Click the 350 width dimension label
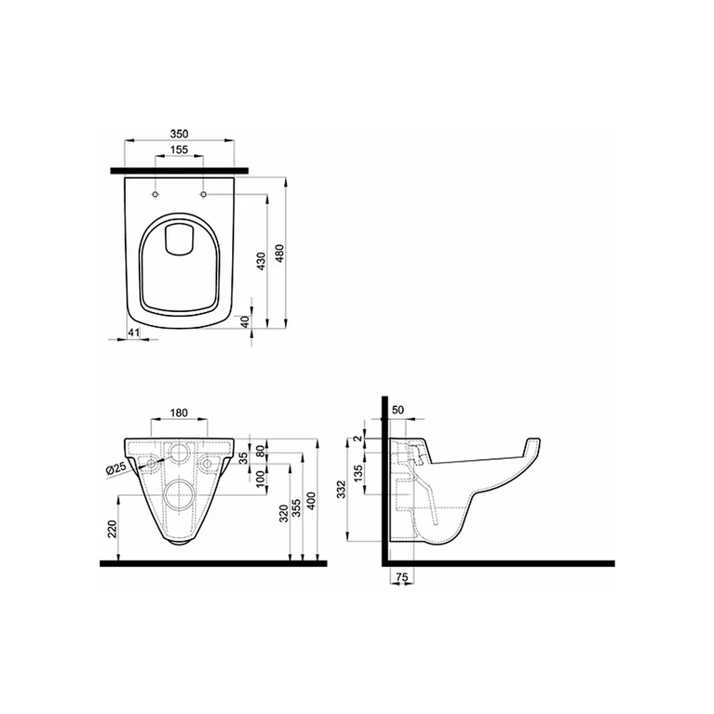click(179, 134)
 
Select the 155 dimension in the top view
click(179, 150)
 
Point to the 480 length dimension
click(280, 253)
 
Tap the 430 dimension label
click(261, 261)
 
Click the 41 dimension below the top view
click(133, 333)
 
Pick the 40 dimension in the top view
click(245, 322)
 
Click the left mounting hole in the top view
click(155, 195)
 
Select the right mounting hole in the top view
click(203, 195)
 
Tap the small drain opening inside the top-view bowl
click(179, 238)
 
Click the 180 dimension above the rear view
click(179, 413)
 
